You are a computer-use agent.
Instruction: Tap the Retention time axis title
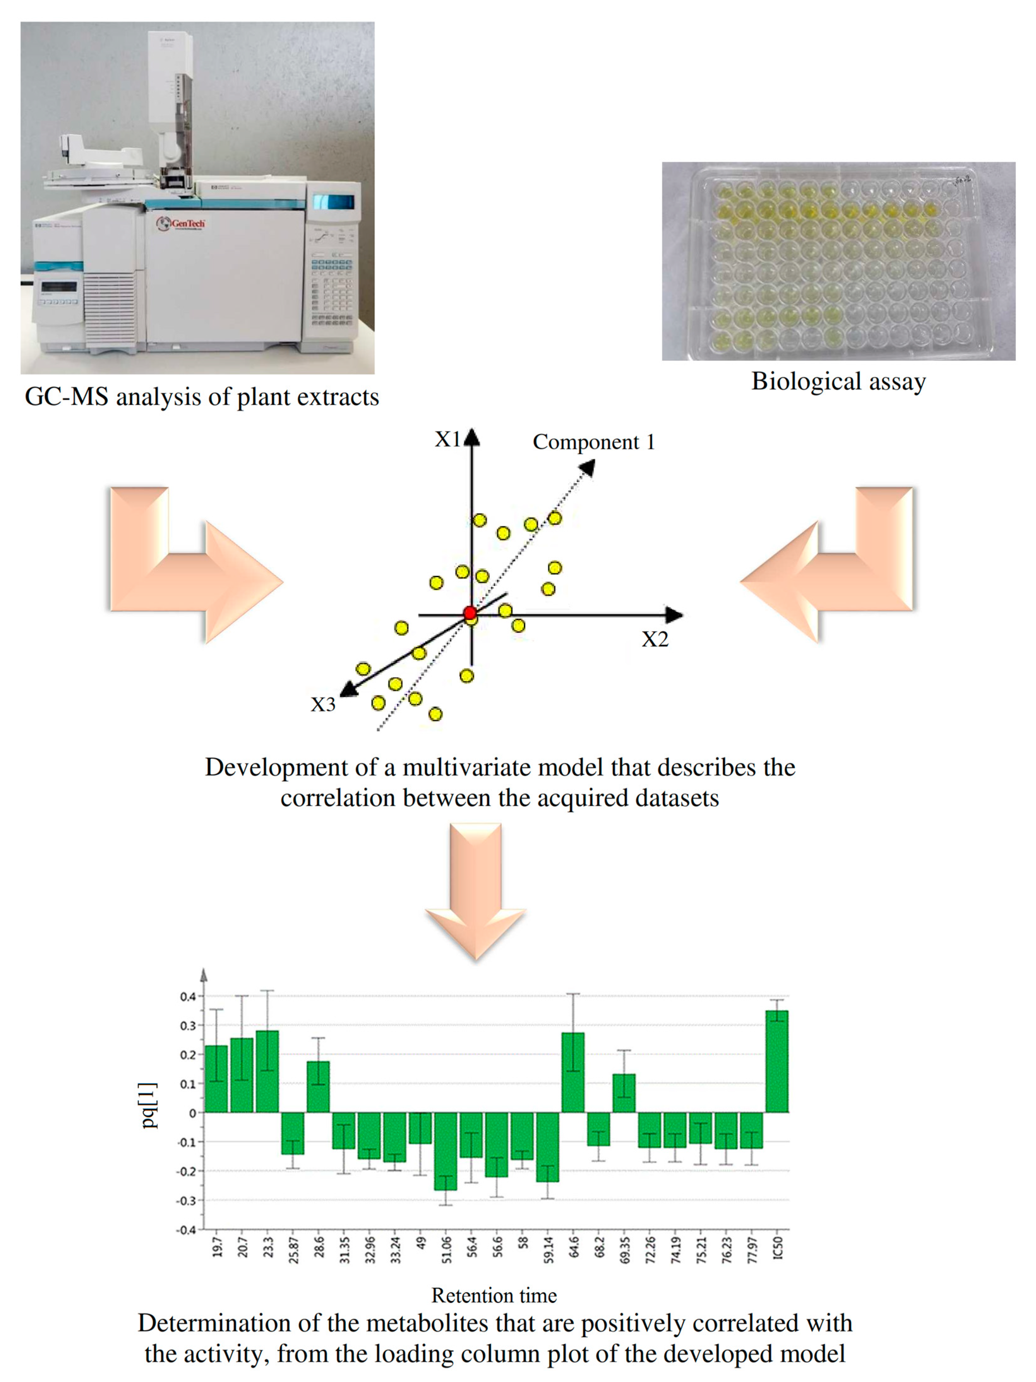tap(494, 1295)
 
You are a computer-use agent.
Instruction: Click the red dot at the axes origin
tap(470, 613)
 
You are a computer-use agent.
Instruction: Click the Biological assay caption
tap(838, 381)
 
